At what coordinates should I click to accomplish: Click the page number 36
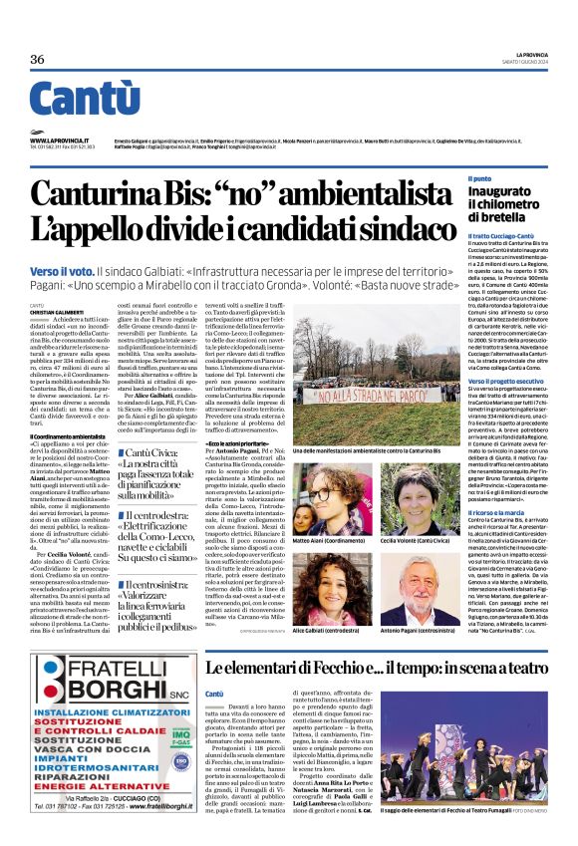[38, 59]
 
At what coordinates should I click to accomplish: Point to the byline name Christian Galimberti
[58, 312]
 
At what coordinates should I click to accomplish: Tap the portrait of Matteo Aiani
[314, 485]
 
